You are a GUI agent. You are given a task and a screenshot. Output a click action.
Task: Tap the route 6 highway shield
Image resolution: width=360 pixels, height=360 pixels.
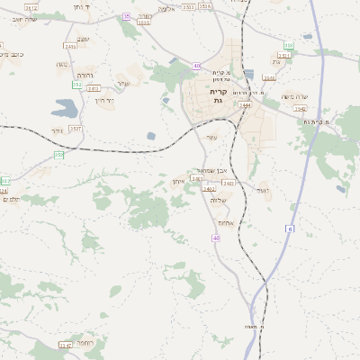(x=292, y=229)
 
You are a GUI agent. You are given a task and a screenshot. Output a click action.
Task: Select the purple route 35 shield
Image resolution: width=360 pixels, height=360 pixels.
(x=126, y=16)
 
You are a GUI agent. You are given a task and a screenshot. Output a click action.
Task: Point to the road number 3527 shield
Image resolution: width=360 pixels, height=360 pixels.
(x=76, y=129)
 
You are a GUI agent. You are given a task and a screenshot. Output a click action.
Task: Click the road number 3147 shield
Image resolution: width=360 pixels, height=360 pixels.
(x=65, y=345)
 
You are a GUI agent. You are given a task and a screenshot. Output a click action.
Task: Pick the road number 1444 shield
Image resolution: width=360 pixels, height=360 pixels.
(x=245, y=104)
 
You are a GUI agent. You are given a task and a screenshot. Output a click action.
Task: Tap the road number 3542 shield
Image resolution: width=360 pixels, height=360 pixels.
(x=300, y=108)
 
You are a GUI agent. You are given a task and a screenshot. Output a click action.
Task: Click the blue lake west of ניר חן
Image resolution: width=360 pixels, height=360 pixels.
(x=66, y=107)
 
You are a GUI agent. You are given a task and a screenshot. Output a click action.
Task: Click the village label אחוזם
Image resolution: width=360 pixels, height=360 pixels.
(x=226, y=222)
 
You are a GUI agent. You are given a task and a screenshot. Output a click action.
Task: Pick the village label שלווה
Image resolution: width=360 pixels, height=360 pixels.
(x=218, y=200)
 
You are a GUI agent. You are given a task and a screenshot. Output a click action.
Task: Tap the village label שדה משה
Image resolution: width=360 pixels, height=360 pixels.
(x=294, y=97)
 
